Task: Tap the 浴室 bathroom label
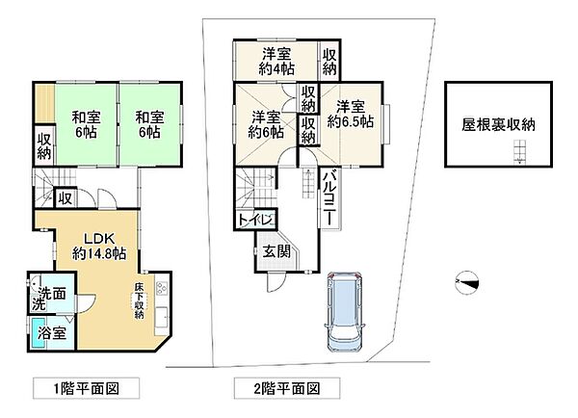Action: click(x=51, y=333)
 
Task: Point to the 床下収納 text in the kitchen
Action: click(x=140, y=300)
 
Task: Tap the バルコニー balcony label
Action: click(x=327, y=198)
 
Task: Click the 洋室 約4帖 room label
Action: click(x=276, y=62)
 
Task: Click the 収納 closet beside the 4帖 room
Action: click(x=329, y=62)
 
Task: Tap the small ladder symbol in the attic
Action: click(x=520, y=150)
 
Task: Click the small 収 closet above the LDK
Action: click(x=65, y=198)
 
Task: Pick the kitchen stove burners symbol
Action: click(x=161, y=285)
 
